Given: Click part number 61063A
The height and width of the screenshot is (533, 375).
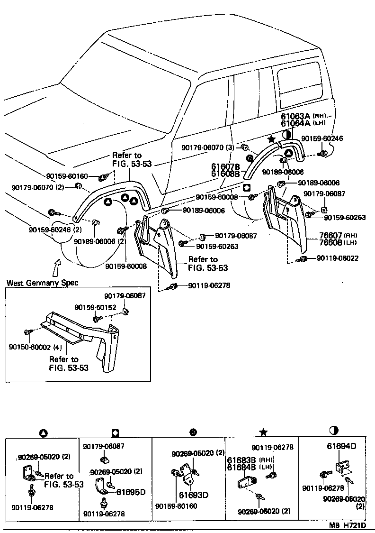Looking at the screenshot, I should pyautogui.click(x=296, y=116).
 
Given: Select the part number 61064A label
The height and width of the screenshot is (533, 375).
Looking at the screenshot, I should pyautogui.click(x=296, y=123).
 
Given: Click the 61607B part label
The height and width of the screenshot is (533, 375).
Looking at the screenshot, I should pyautogui.click(x=226, y=167).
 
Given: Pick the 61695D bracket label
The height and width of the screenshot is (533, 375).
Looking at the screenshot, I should pyautogui.click(x=131, y=492).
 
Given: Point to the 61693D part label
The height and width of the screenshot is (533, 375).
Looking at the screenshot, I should pyautogui.click(x=194, y=495).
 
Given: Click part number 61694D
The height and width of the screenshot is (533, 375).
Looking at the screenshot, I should pyautogui.click(x=341, y=446).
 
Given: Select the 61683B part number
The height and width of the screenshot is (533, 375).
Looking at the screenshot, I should pyautogui.click(x=241, y=460).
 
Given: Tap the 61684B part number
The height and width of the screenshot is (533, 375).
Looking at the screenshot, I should pyautogui.click(x=241, y=467).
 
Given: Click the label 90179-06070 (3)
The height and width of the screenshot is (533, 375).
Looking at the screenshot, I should pyautogui.click(x=208, y=147).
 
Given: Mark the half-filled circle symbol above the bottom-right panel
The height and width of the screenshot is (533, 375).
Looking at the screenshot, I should pyautogui.click(x=334, y=430).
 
